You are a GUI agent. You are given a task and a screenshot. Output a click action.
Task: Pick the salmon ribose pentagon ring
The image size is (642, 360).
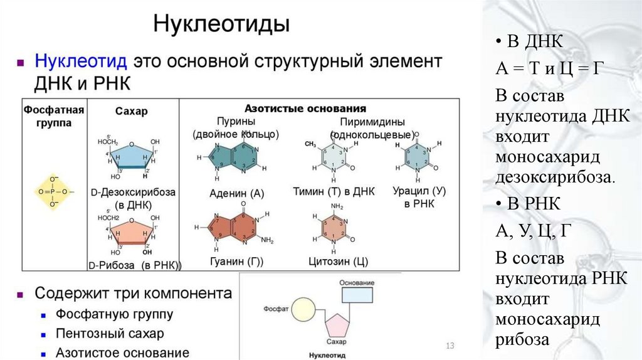click(132, 233)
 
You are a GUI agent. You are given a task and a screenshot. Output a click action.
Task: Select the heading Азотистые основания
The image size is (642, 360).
click(305, 108)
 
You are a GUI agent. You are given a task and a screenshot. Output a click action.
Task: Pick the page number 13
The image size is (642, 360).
click(449, 346)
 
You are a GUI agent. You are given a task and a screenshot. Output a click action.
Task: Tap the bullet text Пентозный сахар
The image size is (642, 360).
click(110, 333)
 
